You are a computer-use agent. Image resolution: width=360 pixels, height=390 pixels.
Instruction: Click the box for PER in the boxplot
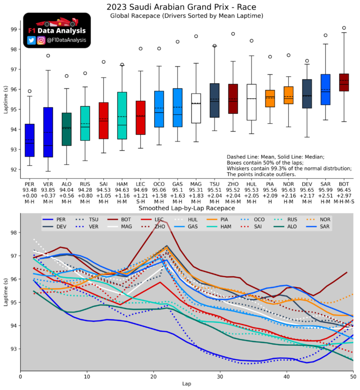pyautogui.click(x=30, y=140)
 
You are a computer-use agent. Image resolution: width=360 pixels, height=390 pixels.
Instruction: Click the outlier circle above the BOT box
pyautogui.click(x=344, y=28)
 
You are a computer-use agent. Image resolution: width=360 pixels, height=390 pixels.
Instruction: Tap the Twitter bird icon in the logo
pyautogui.click(x=32, y=40)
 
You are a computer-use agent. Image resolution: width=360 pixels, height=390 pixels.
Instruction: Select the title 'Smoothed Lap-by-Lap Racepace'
pyautogui.click(x=186, y=208)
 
